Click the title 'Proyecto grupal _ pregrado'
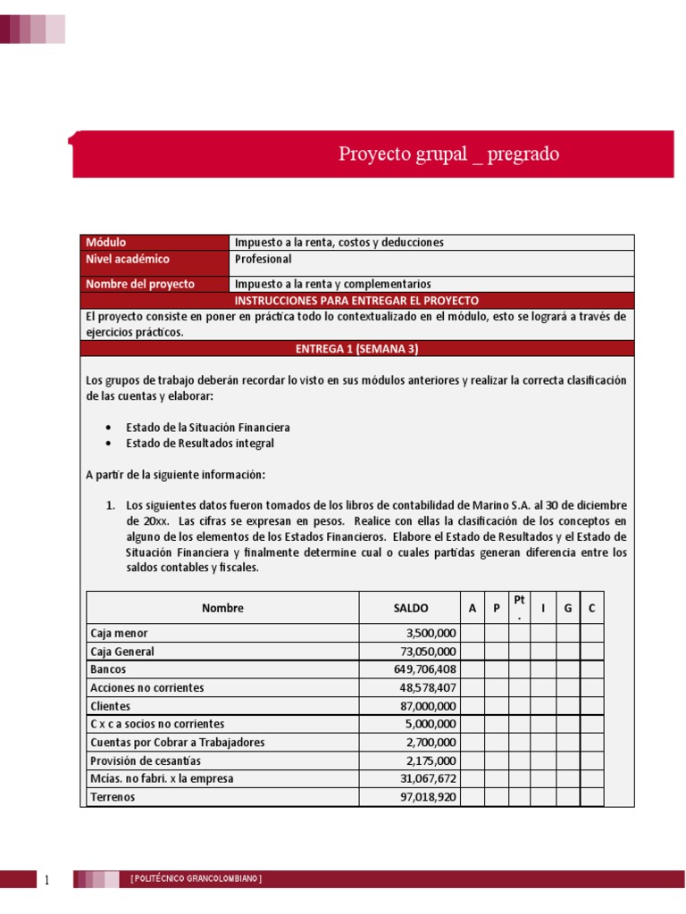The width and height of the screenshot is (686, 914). [448, 154]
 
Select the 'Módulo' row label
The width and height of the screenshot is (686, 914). [106, 242]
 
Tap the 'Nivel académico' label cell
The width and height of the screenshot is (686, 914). [128, 259]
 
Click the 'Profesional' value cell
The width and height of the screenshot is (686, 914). [263, 259]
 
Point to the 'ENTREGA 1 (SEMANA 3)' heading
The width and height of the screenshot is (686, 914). [357, 348]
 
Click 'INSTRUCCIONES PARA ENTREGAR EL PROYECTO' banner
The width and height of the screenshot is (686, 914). [356, 301]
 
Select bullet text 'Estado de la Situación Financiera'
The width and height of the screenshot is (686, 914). [207, 428]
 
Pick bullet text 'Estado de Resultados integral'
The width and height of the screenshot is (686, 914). [200, 443]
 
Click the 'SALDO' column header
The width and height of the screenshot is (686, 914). [411, 608]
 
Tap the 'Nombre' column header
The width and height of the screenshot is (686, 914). [222, 608]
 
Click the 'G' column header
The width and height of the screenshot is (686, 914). [567, 608]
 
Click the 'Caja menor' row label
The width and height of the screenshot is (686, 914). [119, 633]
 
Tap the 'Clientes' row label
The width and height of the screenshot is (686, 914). [112, 705]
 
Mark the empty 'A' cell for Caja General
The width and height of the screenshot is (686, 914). [473, 652]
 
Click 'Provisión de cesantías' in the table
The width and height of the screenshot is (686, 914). [146, 760]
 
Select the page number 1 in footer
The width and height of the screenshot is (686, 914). [47, 881]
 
